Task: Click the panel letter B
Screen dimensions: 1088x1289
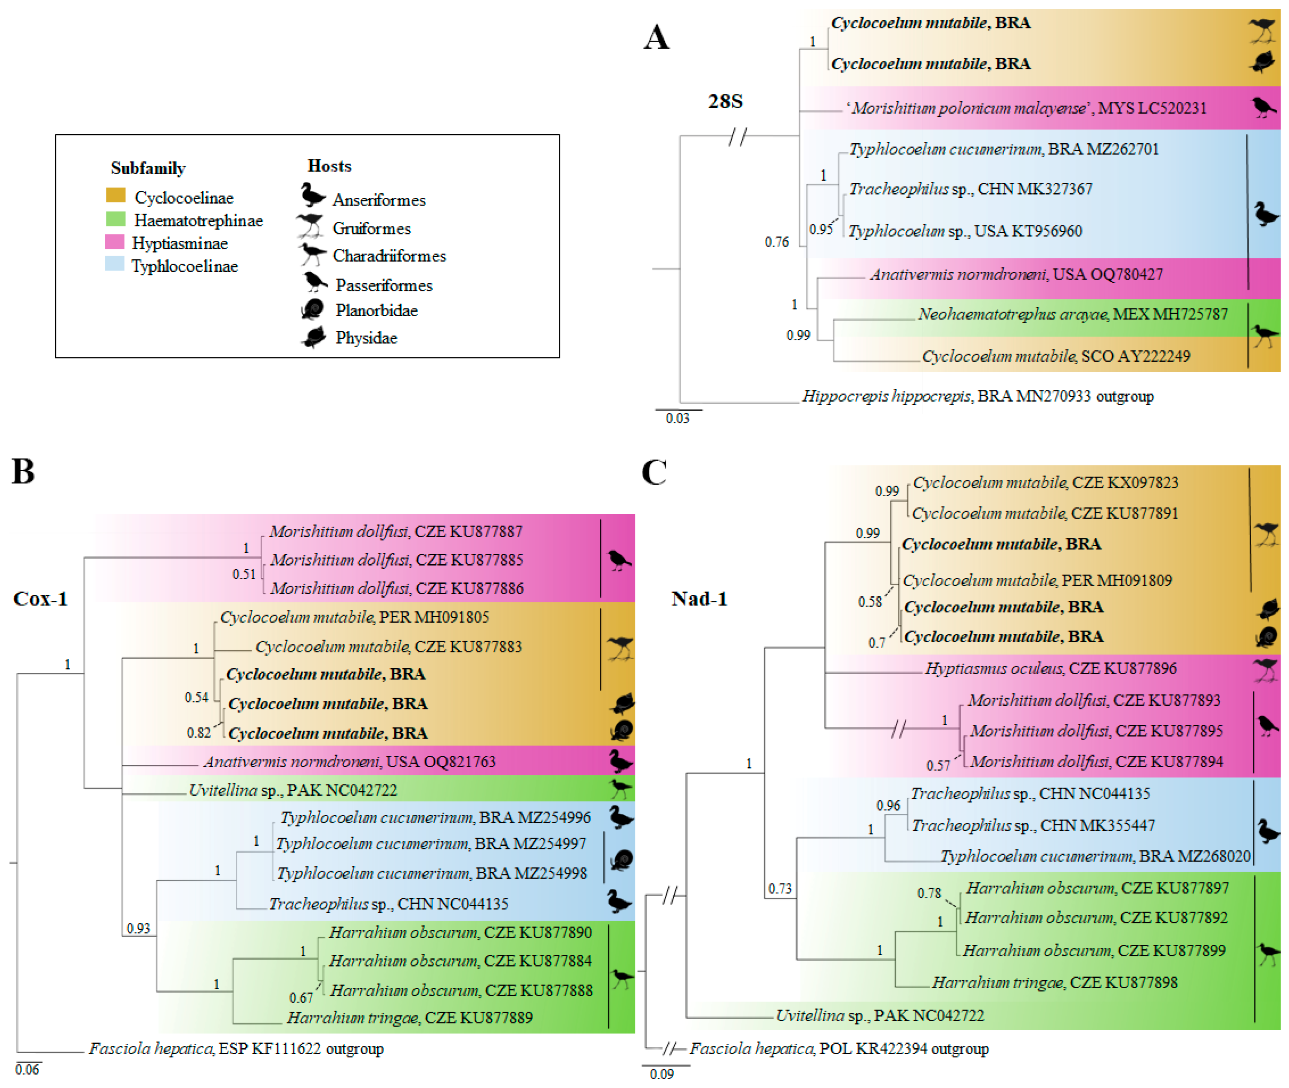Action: click(23, 472)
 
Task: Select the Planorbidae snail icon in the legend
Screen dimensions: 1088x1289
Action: click(312, 309)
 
